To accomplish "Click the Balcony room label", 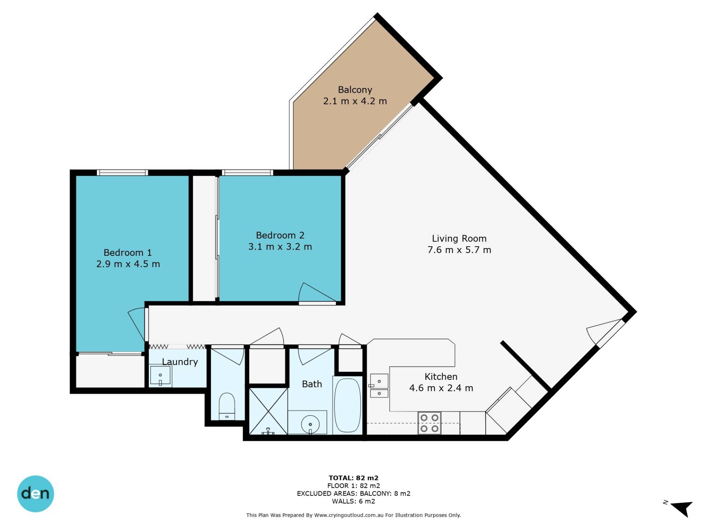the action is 355,90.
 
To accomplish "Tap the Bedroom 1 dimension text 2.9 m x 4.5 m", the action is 128,264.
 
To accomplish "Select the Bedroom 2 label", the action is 280,235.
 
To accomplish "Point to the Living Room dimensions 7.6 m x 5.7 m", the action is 459,250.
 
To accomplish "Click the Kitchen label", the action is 441,377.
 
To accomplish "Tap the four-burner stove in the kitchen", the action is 429,423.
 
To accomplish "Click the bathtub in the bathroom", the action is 347,405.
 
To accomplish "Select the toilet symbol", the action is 227,406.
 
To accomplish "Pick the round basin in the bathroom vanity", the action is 310,424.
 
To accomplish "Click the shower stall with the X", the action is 268,411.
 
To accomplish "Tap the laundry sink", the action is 160,375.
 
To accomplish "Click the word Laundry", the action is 180,362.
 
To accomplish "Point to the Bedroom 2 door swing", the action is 316,293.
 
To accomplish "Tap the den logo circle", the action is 35,494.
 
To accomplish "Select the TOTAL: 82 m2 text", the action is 353,478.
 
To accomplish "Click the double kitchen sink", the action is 379,385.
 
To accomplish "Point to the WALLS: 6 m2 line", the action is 353,501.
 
